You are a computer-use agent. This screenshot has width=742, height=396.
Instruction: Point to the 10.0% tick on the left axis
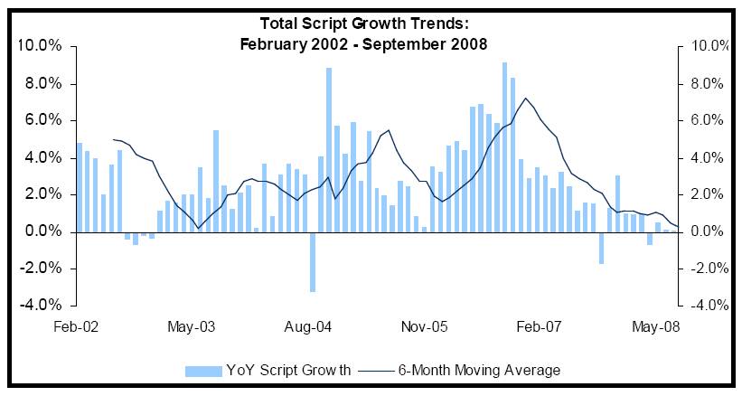39,46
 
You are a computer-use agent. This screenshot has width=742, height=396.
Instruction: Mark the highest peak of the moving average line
525,98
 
